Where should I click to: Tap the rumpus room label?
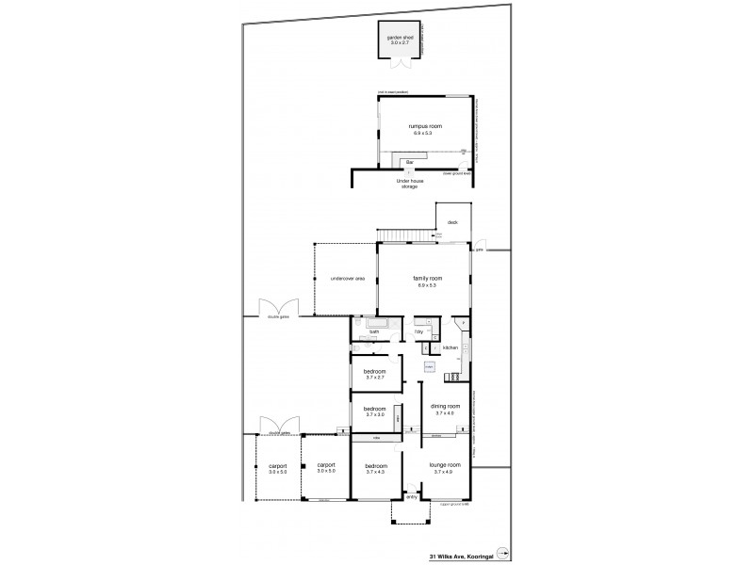(425, 129)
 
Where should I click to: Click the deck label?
(452, 222)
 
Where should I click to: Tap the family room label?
(427, 282)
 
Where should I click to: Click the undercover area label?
(347, 279)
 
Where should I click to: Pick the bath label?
(374, 331)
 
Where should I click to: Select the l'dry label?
(418, 331)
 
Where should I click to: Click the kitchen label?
(450, 348)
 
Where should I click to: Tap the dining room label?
(445, 409)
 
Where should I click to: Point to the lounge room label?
(444, 468)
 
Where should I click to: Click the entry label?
(412, 497)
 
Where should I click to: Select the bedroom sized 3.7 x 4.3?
(375, 468)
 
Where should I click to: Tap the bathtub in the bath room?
(369, 322)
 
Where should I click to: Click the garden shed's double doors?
(400, 65)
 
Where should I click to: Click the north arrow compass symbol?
(502, 554)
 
